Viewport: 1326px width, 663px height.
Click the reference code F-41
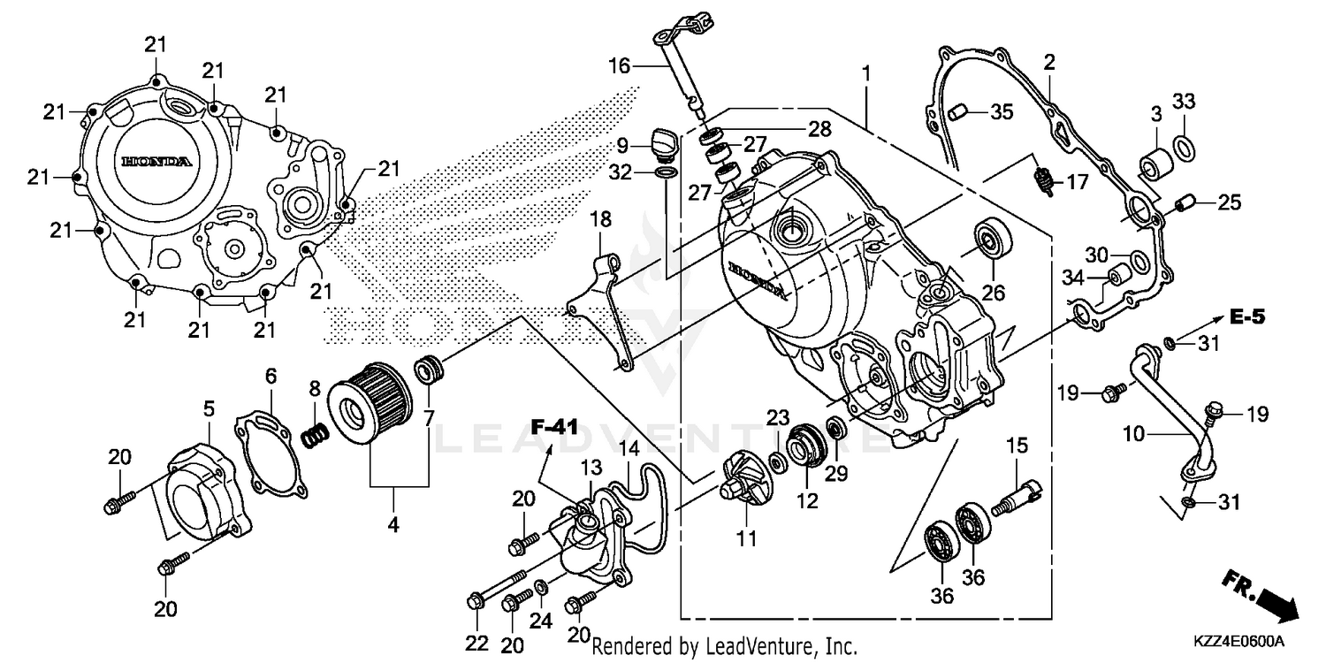tap(553, 427)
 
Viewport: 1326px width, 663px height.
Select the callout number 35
tap(1001, 111)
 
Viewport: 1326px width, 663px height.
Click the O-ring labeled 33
tap(1185, 145)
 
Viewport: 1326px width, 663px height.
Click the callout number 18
tap(600, 218)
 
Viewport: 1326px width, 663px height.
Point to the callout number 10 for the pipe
tap(1135, 434)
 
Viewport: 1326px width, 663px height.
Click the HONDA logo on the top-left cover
tap(156, 163)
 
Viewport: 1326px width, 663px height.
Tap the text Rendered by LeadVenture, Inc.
tap(724, 646)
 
